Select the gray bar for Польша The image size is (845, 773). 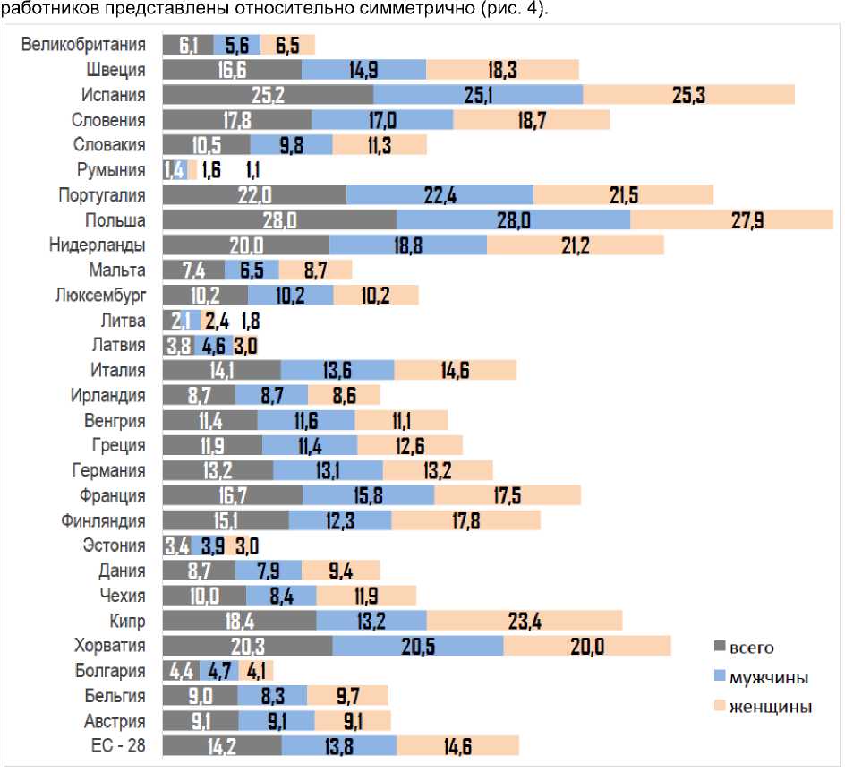[x=279, y=220]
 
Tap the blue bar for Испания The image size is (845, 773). [x=478, y=95]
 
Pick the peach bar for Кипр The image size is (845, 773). [x=525, y=621]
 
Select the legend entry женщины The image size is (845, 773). [x=770, y=707]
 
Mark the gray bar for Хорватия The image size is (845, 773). [x=247, y=646]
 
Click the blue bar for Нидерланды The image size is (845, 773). [x=408, y=245]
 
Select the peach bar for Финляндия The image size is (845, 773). [x=465, y=520]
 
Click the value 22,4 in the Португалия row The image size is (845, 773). [x=439, y=195]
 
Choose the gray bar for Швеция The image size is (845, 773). [x=232, y=70]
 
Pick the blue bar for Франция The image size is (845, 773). [x=368, y=495]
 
